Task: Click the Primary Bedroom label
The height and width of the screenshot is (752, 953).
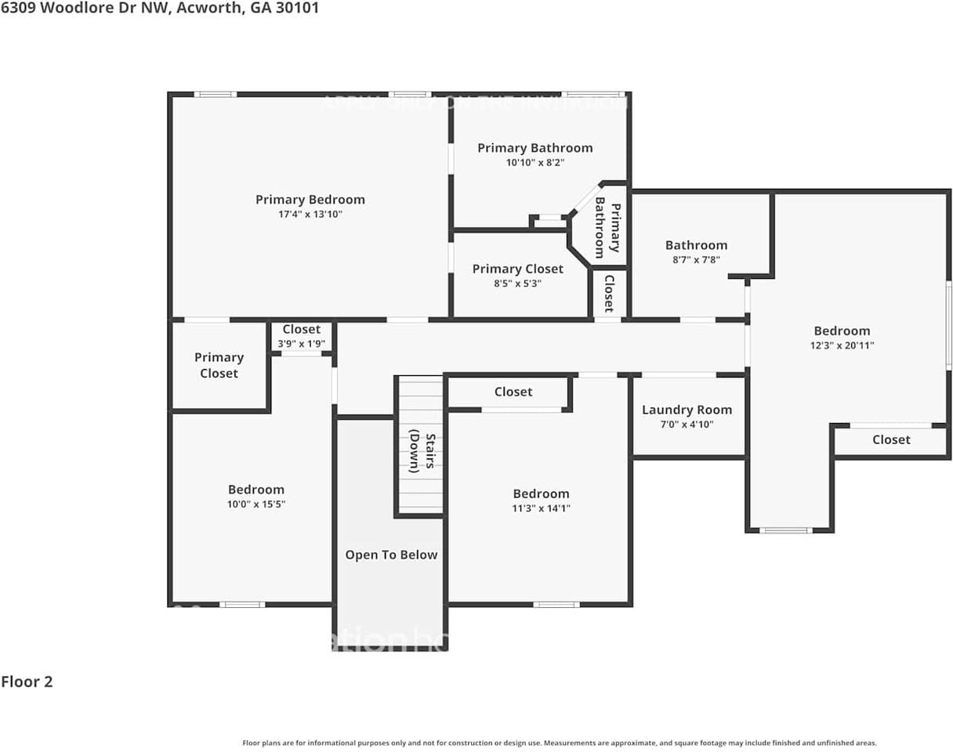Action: (x=310, y=200)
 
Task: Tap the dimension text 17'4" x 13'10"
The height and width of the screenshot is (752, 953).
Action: (x=310, y=214)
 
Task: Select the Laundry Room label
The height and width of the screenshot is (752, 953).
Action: (x=687, y=410)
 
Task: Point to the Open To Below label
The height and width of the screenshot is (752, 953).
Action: (x=391, y=555)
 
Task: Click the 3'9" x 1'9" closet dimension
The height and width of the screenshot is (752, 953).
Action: (x=302, y=344)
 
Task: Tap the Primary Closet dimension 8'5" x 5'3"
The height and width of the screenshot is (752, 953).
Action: (x=517, y=284)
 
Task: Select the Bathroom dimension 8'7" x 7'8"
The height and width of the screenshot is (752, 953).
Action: (x=696, y=259)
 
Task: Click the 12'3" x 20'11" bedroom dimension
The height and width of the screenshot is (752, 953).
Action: (x=842, y=345)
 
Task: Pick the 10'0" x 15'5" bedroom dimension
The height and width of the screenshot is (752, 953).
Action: (x=255, y=504)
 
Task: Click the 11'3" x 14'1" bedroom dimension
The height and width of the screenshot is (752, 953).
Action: (x=541, y=508)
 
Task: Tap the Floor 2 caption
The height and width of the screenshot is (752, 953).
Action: (x=27, y=681)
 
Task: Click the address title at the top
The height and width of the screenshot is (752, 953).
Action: (x=160, y=9)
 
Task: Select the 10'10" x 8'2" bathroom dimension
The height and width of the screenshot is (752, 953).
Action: (x=534, y=163)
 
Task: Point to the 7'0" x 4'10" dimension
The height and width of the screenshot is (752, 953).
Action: (x=687, y=425)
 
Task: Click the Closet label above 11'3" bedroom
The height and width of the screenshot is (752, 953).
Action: (x=513, y=392)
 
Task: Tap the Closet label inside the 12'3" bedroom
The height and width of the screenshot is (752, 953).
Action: (x=891, y=439)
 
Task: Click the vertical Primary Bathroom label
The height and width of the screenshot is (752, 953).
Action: (x=608, y=228)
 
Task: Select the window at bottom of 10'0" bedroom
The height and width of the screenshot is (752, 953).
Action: (x=241, y=604)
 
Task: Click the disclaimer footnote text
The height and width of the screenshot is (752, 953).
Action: (x=560, y=743)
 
